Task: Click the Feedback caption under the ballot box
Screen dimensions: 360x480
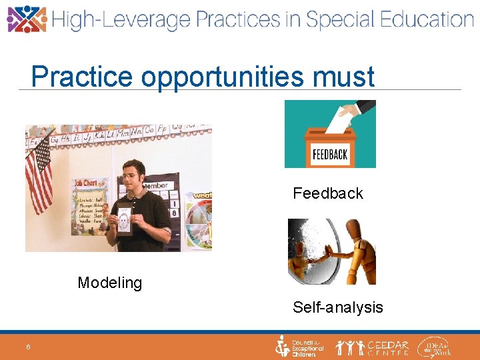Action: click(328, 193)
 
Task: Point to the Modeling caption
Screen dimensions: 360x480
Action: click(110, 283)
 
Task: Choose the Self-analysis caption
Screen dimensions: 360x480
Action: click(338, 307)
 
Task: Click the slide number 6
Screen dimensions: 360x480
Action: click(29, 347)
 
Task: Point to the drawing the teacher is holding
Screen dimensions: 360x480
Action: click(124, 218)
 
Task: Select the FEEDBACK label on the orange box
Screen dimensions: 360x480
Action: click(329, 155)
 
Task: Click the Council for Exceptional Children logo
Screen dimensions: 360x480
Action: click(300, 347)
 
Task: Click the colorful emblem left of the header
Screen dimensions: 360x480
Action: click(26, 19)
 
